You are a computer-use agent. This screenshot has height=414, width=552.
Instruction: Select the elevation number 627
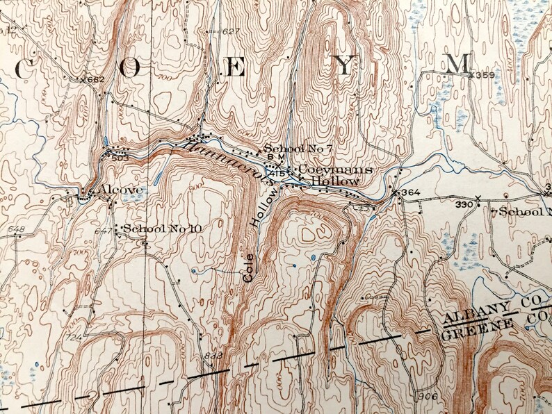click(232, 31)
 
